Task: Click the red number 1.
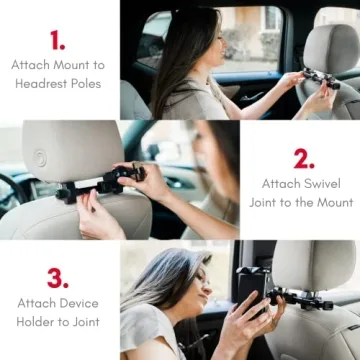(57, 40)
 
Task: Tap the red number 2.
(303, 158)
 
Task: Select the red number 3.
(58, 277)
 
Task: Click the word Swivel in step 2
(316, 183)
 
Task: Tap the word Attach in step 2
(281, 183)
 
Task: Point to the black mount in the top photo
(318, 78)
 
